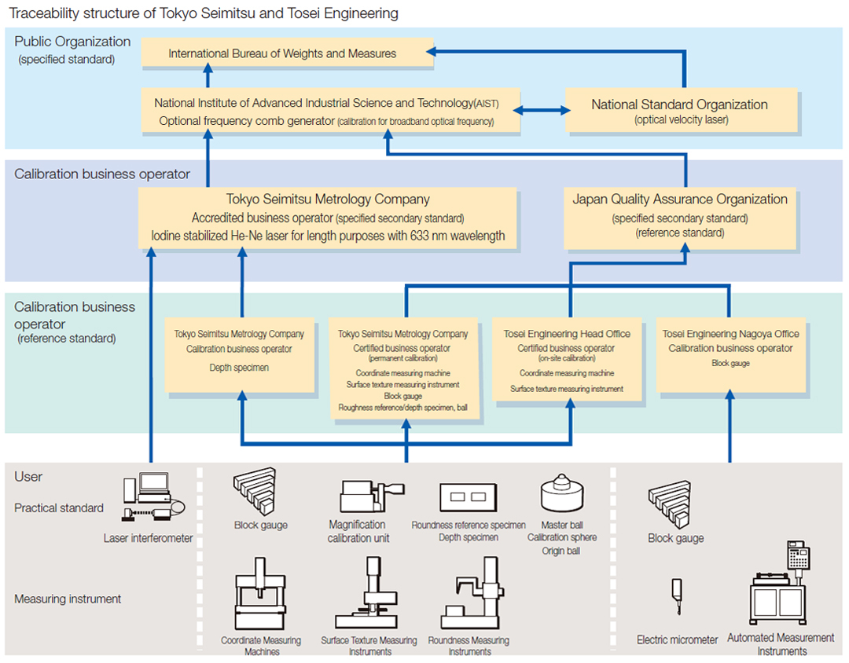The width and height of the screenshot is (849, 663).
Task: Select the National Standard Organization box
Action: point(679,111)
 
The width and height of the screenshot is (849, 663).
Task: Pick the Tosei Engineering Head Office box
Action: point(567,357)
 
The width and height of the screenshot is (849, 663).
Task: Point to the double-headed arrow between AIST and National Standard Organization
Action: point(542,111)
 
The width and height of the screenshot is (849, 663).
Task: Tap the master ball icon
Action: point(561,493)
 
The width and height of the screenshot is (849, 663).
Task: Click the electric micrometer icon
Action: point(676,602)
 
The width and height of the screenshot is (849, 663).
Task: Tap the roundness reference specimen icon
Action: point(468,497)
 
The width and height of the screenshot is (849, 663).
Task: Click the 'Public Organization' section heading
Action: point(72,42)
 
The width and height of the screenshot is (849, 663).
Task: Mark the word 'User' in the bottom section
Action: point(28,477)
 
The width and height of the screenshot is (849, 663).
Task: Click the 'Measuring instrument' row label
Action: point(68,599)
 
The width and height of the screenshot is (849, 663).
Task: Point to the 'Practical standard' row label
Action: point(59,507)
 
